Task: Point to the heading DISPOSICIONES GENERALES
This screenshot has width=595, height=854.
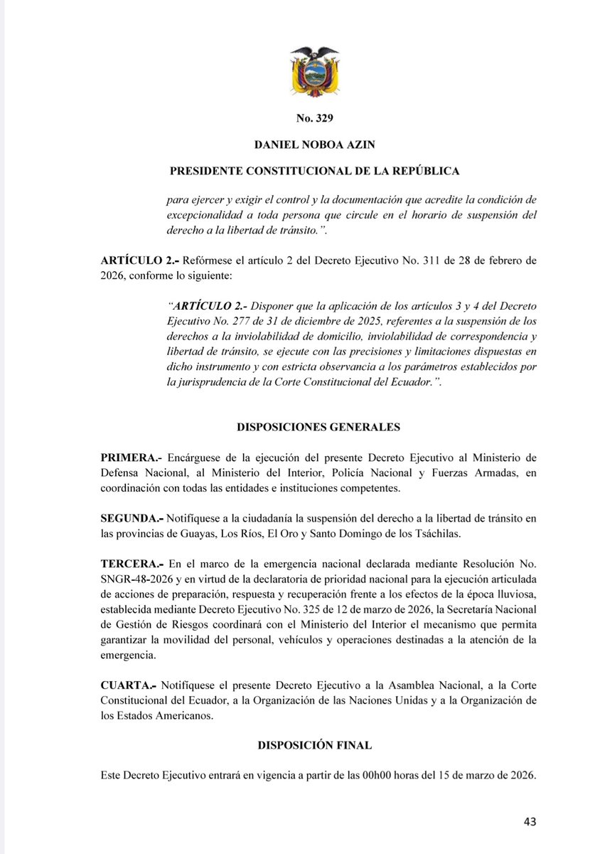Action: coord(317,428)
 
